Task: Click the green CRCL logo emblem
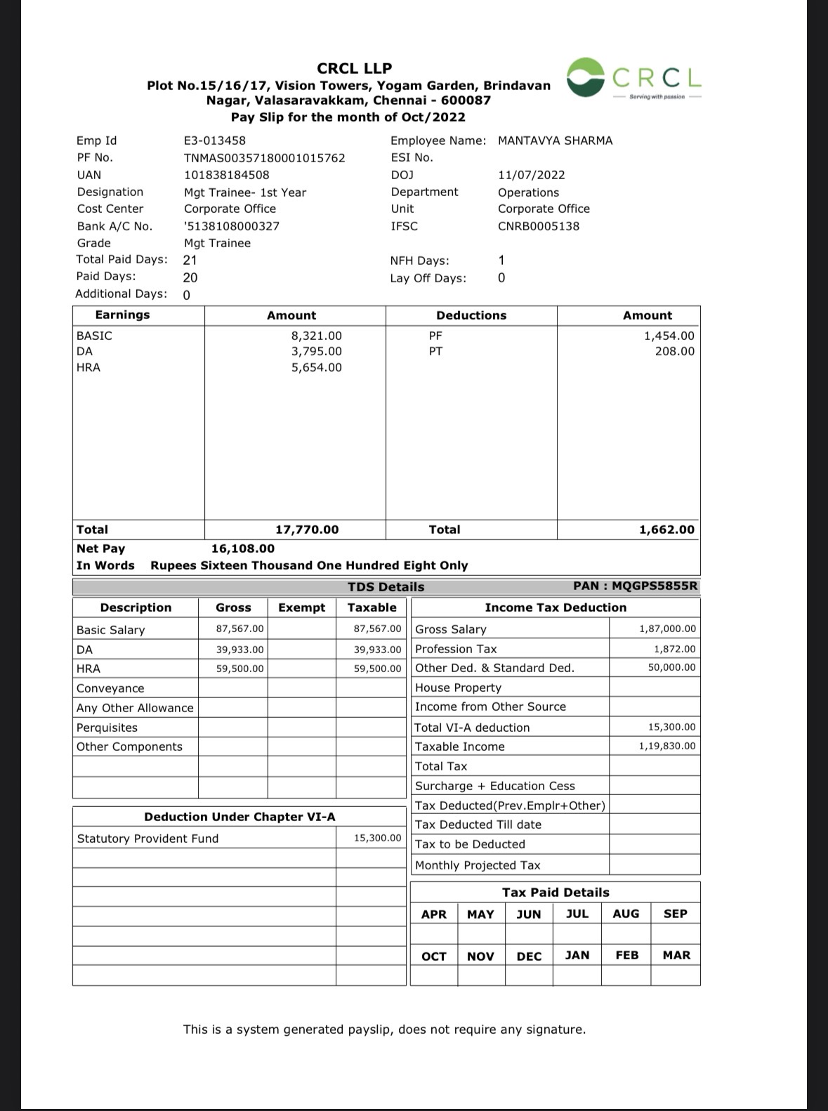(x=586, y=77)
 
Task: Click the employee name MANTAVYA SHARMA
(x=555, y=140)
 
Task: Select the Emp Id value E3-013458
(x=215, y=140)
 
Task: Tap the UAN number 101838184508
(x=226, y=175)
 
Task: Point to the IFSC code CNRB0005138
(x=539, y=226)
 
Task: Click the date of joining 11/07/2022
(x=531, y=175)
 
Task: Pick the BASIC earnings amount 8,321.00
(x=316, y=336)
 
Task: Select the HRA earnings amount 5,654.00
(x=316, y=367)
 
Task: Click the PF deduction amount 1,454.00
(x=669, y=336)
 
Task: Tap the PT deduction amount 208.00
(x=674, y=351)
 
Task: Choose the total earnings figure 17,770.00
(x=306, y=530)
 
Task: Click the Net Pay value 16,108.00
(x=243, y=548)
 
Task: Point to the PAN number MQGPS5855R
(x=655, y=586)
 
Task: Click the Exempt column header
(x=301, y=607)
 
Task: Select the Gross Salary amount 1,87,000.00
(x=667, y=629)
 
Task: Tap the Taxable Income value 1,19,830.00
(x=667, y=747)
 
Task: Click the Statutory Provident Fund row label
(x=147, y=839)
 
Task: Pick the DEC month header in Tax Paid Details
(x=529, y=956)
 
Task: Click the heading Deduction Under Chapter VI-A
(x=239, y=817)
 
